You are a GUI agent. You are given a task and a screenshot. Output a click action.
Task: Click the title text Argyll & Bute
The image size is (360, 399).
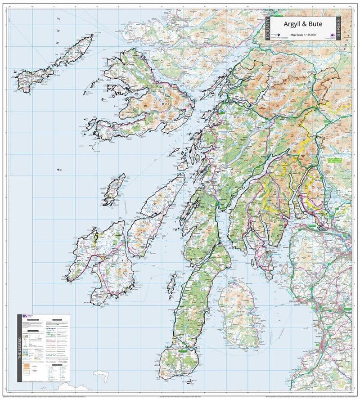tap(302, 24)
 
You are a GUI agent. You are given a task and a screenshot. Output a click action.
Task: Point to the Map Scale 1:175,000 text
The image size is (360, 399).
tap(302, 34)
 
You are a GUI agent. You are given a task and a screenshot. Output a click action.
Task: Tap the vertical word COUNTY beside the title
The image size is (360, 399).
tap(268, 30)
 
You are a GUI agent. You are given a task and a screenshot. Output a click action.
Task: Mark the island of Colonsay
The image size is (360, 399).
tap(115, 189)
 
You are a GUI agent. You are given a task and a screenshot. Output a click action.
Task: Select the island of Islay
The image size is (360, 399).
tap(101, 265)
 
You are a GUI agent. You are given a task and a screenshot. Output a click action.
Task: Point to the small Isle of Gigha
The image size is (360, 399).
tap(171, 283)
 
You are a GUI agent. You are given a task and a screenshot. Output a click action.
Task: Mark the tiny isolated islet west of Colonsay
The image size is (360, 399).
tap(58, 170)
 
